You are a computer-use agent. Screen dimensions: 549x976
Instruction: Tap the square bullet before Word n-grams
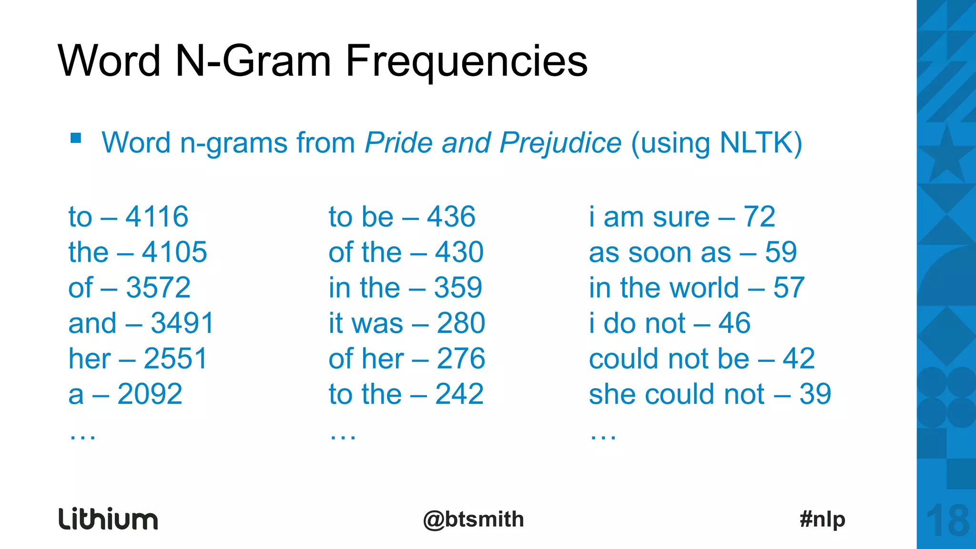pos(76,139)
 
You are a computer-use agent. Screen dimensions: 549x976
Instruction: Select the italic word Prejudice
pos(560,143)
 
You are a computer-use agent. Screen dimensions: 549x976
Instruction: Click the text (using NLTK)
pos(716,143)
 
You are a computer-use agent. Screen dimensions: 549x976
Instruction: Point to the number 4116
pos(157,217)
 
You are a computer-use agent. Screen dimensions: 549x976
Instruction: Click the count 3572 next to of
pos(158,288)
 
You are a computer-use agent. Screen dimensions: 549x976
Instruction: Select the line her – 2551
pos(138,359)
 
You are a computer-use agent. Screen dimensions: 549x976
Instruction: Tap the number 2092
pos(150,394)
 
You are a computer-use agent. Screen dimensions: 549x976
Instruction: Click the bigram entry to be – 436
pos(402,217)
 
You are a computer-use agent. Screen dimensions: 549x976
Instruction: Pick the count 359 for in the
pos(458,288)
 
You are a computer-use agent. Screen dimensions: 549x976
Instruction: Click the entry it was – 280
pos(407,323)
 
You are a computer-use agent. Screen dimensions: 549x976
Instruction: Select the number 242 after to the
pos(459,394)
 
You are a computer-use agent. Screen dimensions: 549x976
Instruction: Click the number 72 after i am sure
pos(759,217)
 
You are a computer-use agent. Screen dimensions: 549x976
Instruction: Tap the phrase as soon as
pos(660,253)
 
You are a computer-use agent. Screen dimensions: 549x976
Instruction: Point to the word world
pos(704,288)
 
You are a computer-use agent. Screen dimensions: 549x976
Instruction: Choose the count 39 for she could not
pos(815,394)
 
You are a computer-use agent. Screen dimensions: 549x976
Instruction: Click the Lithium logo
pos(108,519)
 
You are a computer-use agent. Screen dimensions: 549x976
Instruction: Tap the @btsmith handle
pos(473,519)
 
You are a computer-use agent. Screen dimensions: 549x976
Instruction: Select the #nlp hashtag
pos(823,519)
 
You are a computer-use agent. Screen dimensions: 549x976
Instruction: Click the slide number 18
pos(948,521)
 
